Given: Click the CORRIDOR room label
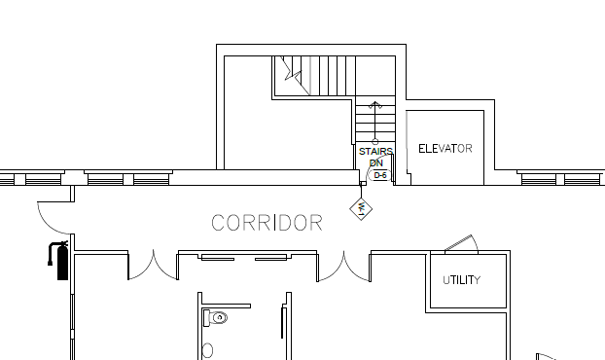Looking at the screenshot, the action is (x=267, y=223).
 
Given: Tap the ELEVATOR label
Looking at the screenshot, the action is (x=445, y=149).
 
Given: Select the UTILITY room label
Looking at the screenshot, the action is (x=461, y=280).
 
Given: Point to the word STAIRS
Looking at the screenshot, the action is (x=375, y=151).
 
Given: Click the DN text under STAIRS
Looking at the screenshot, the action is (x=376, y=162).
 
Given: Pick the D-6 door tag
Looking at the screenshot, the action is (x=380, y=175).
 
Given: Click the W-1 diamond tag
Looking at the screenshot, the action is (x=361, y=209).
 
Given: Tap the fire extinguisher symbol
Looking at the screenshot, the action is (x=58, y=260).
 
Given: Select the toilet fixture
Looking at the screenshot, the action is (x=215, y=318).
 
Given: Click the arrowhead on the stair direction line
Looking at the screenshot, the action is (x=375, y=104).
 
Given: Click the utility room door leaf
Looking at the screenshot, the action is (x=458, y=243).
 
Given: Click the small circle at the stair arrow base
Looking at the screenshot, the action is (x=375, y=142).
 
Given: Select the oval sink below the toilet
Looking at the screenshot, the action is (x=207, y=350).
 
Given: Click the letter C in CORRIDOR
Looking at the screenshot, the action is (x=219, y=223).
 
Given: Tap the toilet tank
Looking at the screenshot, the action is (x=206, y=318).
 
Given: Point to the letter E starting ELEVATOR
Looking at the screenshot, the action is (x=422, y=149).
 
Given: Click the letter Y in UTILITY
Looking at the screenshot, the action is (x=478, y=280).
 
